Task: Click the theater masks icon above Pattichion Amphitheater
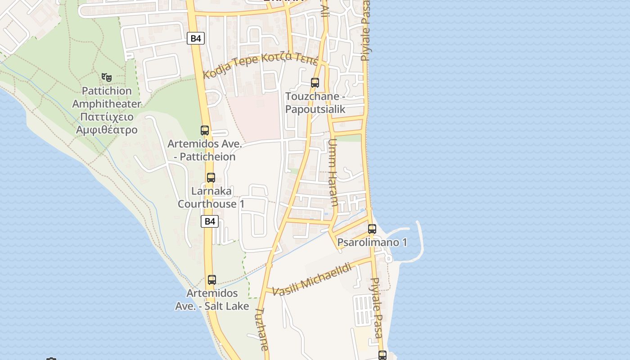coord(106,77)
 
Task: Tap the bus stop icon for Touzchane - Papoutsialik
coord(315,83)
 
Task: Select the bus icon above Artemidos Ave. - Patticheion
coord(205,130)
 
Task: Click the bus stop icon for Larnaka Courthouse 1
coord(211,177)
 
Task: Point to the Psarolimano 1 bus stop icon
coord(372,229)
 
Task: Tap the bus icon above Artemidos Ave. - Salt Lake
coord(212,280)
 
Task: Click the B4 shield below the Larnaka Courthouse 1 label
coord(210,221)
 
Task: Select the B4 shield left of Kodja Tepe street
coord(196,38)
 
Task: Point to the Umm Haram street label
coord(333,172)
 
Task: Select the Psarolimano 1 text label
coord(372,243)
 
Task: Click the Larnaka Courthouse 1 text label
coord(211,198)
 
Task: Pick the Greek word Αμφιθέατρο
coord(107,130)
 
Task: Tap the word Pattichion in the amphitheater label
coord(107,91)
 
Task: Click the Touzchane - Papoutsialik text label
coord(315,103)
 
